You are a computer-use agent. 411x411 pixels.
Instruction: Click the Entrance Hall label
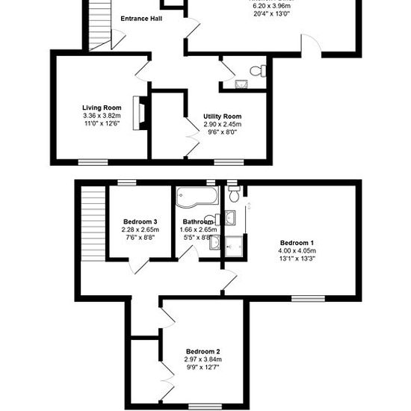click(x=141, y=19)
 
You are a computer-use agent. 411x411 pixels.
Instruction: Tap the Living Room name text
click(x=102, y=108)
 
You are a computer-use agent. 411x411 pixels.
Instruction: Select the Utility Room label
click(x=222, y=117)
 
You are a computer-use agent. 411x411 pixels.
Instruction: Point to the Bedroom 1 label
click(x=297, y=243)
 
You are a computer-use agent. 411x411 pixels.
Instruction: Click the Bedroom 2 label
click(x=203, y=351)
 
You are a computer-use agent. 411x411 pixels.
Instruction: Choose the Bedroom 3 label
click(x=140, y=222)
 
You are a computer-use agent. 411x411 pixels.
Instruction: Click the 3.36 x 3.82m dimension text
click(x=102, y=116)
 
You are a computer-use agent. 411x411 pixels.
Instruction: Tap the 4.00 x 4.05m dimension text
click(x=297, y=251)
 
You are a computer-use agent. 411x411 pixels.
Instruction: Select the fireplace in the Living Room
click(x=140, y=113)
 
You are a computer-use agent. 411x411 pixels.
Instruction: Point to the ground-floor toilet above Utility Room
click(x=258, y=71)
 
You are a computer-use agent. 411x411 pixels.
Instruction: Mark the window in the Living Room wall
click(x=93, y=162)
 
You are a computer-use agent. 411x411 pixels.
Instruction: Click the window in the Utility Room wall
click(x=229, y=162)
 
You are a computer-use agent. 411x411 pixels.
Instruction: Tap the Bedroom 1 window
click(x=308, y=299)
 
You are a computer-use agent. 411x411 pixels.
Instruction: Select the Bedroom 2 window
click(x=205, y=407)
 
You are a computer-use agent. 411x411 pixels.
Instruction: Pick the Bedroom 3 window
click(x=127, y=182)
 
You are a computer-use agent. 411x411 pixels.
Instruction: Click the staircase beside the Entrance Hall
click(x=100, y=25)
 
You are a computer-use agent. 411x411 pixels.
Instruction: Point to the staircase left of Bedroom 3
click(x=93, y=223)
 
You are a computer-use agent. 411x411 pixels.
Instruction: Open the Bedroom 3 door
click(x=140, y=266)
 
